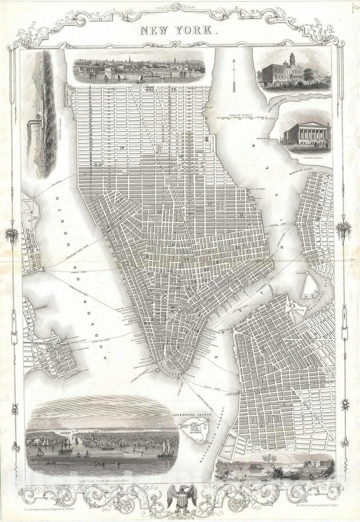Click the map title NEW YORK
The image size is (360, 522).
(x=179, y=30)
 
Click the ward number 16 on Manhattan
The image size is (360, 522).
(x=122, y=148)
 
